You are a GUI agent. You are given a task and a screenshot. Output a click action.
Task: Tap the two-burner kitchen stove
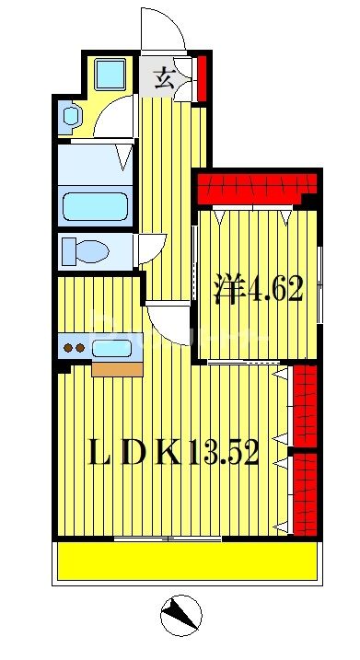point(74,349)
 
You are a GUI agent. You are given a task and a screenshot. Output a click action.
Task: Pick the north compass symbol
point(181,615)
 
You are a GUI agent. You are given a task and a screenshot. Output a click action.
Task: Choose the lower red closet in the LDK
point(305,493)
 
